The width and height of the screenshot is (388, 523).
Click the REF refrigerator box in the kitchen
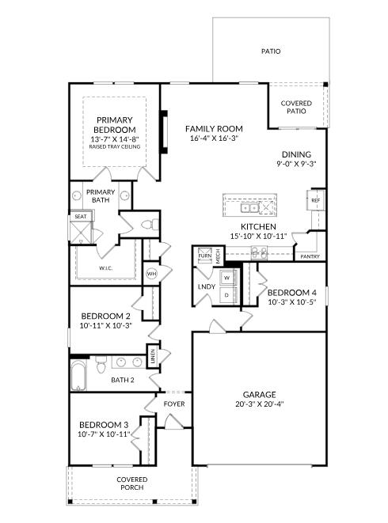coord(315,200)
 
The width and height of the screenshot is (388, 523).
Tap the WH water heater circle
coord(151,274)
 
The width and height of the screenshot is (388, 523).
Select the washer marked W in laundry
coord(228,278)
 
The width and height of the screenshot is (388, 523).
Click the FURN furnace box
coord(204,256)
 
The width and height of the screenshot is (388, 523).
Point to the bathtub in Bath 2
coord(79,375)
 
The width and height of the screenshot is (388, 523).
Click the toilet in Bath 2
coord(101,365)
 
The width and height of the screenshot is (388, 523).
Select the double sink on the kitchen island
coord(249,208)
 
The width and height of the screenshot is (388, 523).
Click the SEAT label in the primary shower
coord(81,217)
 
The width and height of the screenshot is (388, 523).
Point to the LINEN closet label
coord(153,356)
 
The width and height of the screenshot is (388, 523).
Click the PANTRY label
coord(310,256)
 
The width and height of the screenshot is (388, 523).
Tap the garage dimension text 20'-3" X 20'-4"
coord(259,404)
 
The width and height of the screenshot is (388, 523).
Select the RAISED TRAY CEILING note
coord(115,146)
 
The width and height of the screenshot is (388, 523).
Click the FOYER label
coord(174,404)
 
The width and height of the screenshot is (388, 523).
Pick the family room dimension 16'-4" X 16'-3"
coord(214,138)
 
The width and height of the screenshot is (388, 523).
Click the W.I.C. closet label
coord(105,268)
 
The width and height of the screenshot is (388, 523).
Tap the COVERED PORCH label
coord(132,483)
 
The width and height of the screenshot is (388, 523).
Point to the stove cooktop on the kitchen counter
coord(259,253)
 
